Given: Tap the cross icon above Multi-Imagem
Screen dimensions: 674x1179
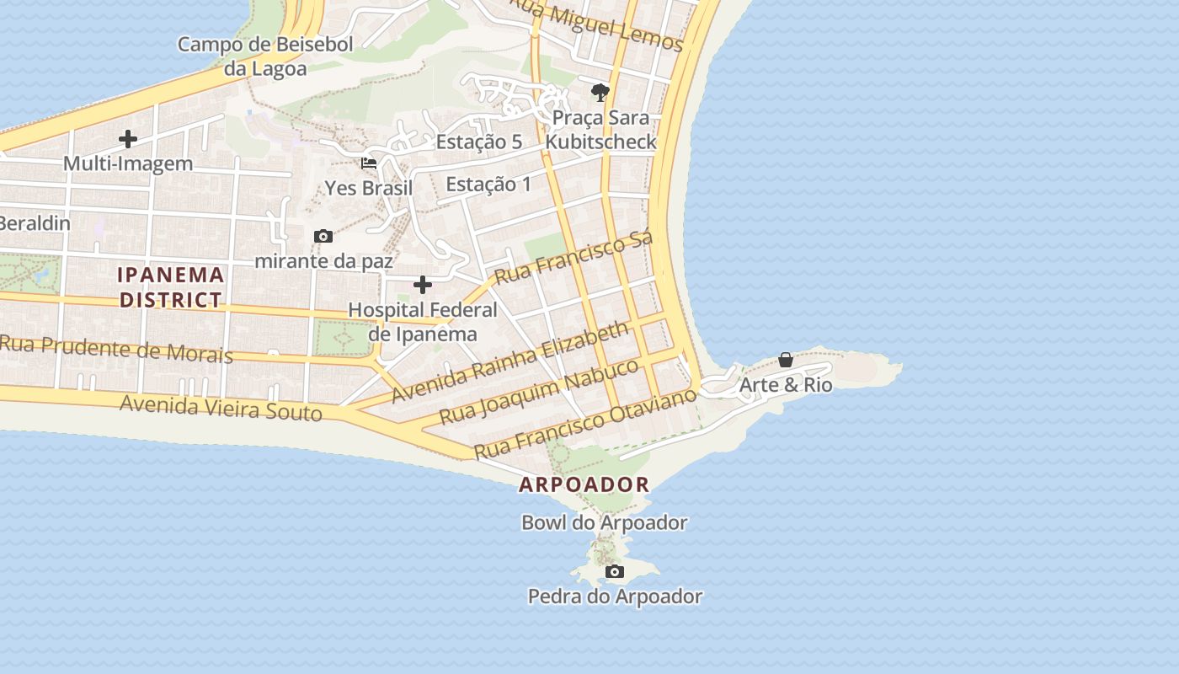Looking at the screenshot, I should (128, 138).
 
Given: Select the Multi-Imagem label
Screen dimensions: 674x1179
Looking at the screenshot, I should (128, 163).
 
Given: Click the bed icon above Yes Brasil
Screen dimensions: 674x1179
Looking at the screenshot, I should (369, 163).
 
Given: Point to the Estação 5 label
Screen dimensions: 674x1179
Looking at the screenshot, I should (478, 142).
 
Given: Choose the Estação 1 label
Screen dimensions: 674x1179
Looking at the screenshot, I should (488, 185).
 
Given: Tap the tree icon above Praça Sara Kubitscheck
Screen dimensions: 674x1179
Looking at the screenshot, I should (600, 92).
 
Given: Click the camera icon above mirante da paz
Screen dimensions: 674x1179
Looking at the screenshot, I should (323, 237).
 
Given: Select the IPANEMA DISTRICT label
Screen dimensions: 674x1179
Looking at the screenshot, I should (171, 287).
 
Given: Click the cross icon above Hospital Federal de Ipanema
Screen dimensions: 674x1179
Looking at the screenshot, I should (423, 285).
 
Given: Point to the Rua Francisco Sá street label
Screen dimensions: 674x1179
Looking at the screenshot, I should (573, 259).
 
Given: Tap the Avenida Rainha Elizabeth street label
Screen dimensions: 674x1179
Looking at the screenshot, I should (510, 361).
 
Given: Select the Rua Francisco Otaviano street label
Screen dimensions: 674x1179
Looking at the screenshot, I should (586, 423).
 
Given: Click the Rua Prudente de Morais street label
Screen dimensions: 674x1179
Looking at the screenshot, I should (116, 348).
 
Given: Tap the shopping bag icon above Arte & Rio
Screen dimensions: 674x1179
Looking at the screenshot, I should (786, 360).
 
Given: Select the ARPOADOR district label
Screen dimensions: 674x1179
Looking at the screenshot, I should (584, 484).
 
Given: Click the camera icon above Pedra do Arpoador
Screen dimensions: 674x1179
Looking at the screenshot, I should (616, 572).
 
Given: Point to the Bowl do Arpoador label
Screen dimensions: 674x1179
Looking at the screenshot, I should (605, 522).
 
